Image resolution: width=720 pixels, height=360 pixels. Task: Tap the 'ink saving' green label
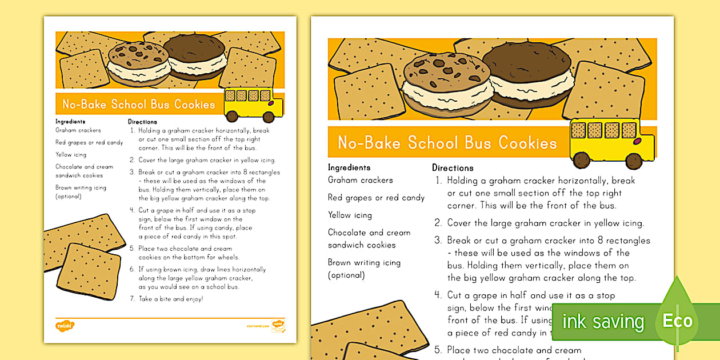603,322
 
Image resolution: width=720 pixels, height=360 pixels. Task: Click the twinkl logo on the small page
65,326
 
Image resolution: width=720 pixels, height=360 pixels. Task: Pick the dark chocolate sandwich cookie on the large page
527,74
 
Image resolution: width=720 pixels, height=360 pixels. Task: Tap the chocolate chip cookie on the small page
138,62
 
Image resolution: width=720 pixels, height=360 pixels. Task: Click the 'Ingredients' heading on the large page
349,167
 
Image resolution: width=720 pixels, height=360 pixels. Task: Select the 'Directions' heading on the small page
142,122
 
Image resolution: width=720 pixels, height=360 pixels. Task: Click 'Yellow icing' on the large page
350,215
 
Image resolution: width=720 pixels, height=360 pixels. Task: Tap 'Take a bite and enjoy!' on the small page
170,299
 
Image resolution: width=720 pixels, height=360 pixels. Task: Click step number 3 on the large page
438,241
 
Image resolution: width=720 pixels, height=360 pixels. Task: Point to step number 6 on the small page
132,269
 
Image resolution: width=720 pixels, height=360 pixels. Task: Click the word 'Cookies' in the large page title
527,143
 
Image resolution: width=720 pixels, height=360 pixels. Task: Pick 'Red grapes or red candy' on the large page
376,198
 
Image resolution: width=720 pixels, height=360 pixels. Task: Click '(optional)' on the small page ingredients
69,197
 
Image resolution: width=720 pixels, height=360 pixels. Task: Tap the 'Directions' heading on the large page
453,168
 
